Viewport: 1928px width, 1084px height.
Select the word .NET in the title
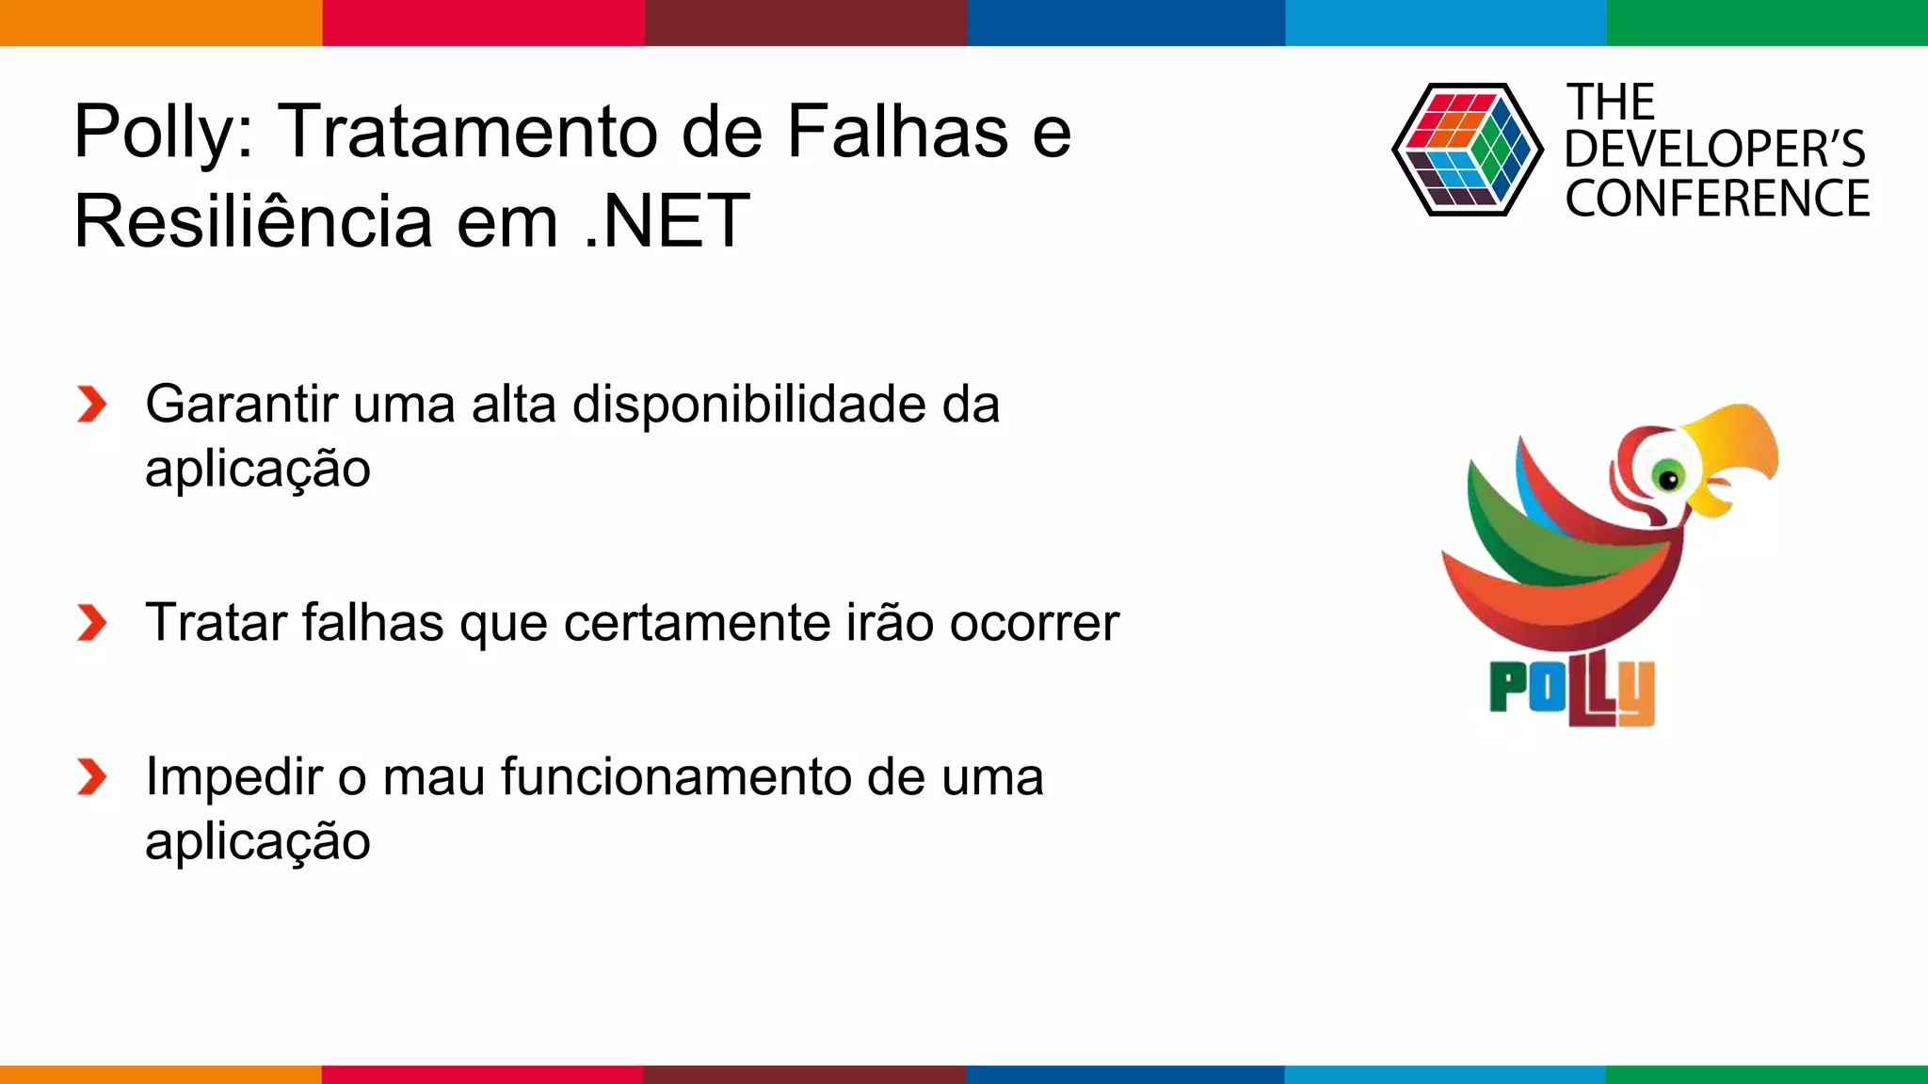[x=667, y=222]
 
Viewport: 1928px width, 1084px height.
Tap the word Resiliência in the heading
[x=252, y=222]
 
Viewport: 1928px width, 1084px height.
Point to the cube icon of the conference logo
[x=1467, y=150]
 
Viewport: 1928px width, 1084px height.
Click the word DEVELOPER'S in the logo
[x=1714, y=149]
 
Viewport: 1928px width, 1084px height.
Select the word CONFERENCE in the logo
[x=1717, y=199]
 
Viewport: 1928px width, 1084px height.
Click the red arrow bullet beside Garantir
[x=91, y=405]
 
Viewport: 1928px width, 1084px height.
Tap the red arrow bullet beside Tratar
[x=91, y=623]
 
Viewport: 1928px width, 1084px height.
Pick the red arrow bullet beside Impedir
[x=91, y=777]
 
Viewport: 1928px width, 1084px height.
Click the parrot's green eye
[x=1669, y=478]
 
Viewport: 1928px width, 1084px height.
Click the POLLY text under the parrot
[x=1571, y=692]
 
